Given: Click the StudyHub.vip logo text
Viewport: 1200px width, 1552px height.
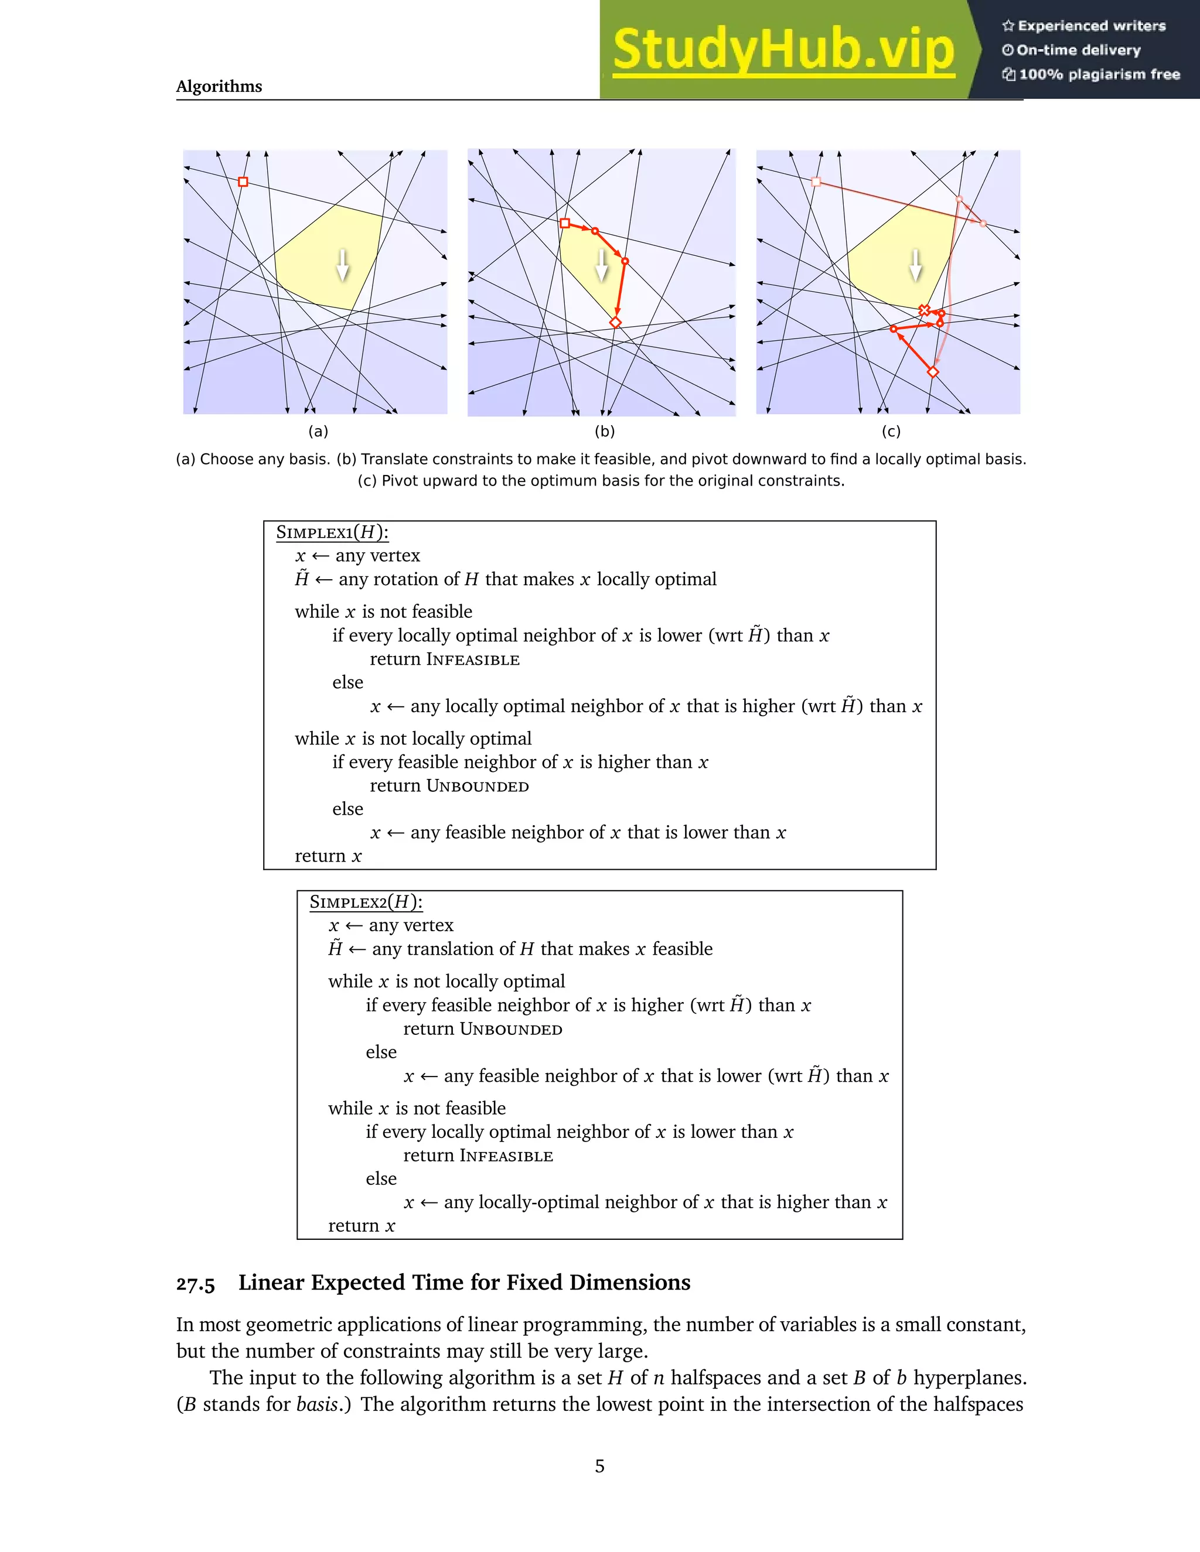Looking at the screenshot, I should pos(783,50).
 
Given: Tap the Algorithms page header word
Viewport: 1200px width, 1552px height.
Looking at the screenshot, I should pos(219,87).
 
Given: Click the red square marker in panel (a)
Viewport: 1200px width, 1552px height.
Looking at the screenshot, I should pos(243,182).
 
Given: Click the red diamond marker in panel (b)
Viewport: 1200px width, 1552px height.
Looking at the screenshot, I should pos(616,323).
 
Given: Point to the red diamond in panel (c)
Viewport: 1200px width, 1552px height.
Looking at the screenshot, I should pos(933,372).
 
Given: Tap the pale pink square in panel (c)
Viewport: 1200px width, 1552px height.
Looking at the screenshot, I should pos(816,182).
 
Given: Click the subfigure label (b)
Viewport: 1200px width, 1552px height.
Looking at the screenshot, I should pos(604,432).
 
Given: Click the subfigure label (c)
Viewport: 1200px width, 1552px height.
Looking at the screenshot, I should pos(891,432).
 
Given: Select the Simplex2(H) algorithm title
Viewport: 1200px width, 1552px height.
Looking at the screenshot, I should pos(366,903).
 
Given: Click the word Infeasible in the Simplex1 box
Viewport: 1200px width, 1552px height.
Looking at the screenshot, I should pos(473,659).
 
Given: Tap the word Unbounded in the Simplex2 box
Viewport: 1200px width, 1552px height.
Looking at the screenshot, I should pos(511,1029).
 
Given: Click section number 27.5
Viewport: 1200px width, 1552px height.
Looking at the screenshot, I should pos(196,1283).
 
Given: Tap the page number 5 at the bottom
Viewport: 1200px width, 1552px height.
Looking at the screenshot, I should pos(599,1466).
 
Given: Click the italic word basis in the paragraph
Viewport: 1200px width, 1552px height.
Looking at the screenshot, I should pos(316,1404).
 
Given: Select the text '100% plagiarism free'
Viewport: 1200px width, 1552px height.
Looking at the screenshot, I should pos(1099,74).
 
